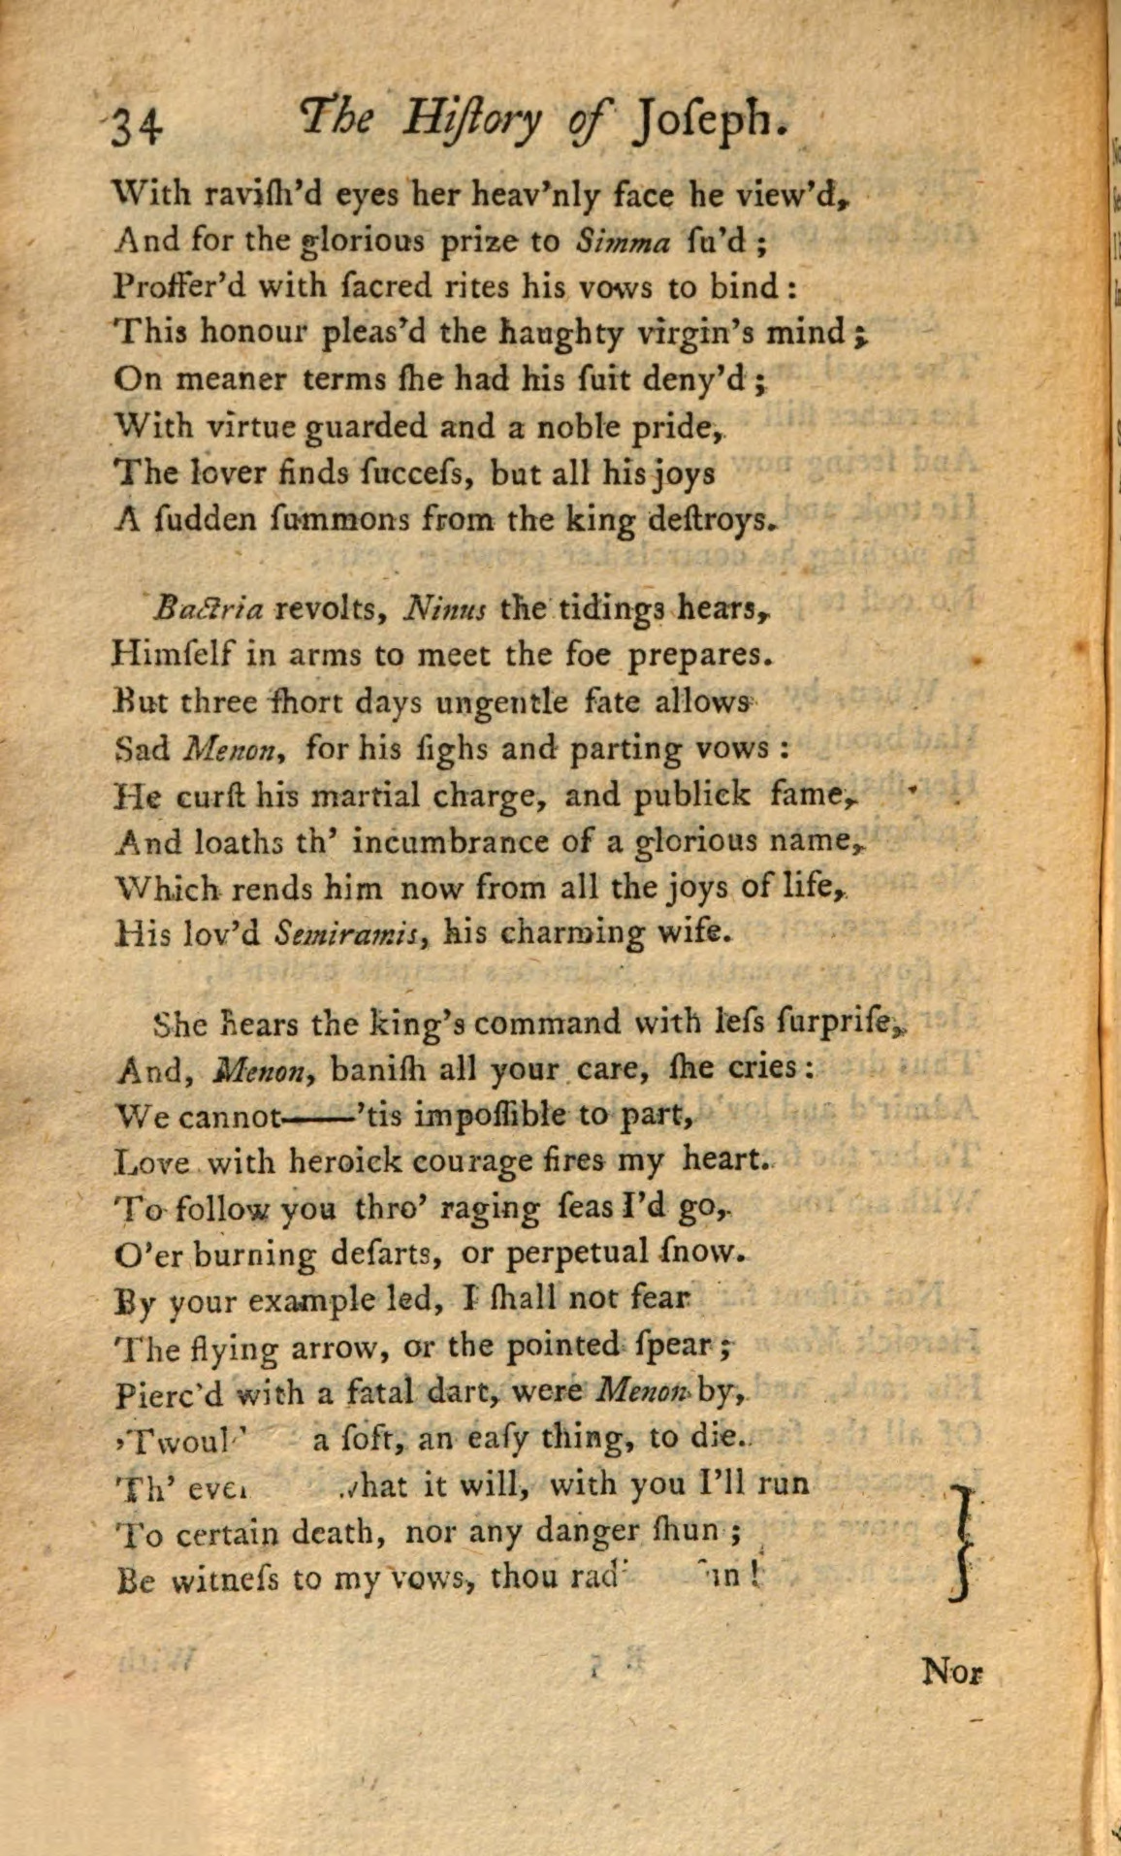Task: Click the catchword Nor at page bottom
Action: (x=950, y=1672)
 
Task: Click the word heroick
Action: (x=343, y=1160)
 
